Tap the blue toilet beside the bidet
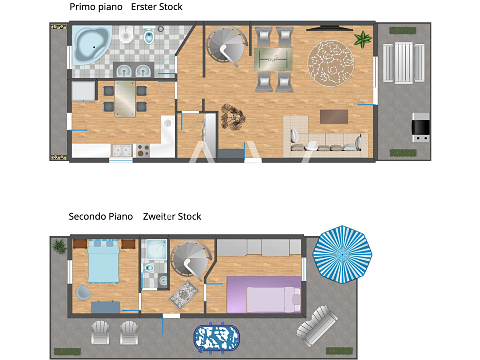click(x=149, y=36)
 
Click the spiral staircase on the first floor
click(x=227, y=46)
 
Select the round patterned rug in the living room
click(x=330, y=63)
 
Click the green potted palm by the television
click(x=363, y=39)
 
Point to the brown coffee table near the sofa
click(x=334, y=117)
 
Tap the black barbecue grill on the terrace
click(x=421, y=127)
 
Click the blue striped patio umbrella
click(x=342, y=254)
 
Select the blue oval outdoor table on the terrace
click(x=216, y=338)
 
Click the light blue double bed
click(x=103, y=262)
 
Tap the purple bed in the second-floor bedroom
click(x=264, y=295)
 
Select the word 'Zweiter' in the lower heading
click(x=158, y=217)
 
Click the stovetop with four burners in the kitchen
click(x=143, y=150)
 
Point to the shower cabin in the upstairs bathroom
click(x=156, y=249)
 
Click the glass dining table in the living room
click(x=273, y=60)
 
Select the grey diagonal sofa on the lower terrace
click(x=317, y=325)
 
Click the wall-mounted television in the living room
click(x=329, y=29)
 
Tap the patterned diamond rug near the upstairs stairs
click(x=184, y=294)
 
